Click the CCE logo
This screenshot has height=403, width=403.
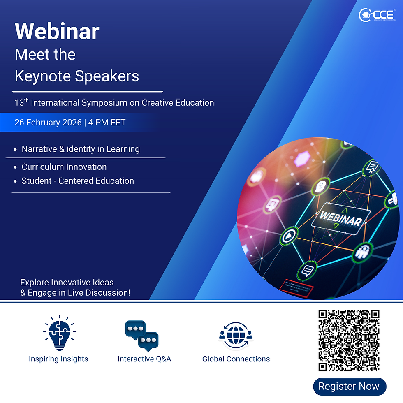click(x=377, y=15)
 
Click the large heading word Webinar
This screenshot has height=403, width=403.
click(x=57, y=31)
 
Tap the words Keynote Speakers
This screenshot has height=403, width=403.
click(x=77, y=76)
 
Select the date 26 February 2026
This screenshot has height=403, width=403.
click(x=47, y=123)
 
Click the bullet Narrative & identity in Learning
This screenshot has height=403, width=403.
click(x=81, y=149)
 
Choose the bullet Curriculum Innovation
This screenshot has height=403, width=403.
click(x=64, y=167)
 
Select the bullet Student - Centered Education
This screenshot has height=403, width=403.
click(x=78, y=181)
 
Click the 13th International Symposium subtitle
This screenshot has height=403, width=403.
click(x=114, y=103)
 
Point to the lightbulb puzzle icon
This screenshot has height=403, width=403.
click(x=59, y=334)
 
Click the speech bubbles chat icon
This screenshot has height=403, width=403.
click(x=142, y=336)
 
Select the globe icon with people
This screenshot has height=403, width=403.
click(x=236, y=336)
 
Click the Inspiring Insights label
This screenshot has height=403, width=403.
click(x=58, y=359)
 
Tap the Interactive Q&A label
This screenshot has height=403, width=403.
click(x=144, y=359)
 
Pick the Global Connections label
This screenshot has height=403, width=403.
click(x=236, y=359)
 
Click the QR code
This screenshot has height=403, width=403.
click(x=349, y=340)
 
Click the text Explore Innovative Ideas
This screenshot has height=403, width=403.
click(x=67, y=283)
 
